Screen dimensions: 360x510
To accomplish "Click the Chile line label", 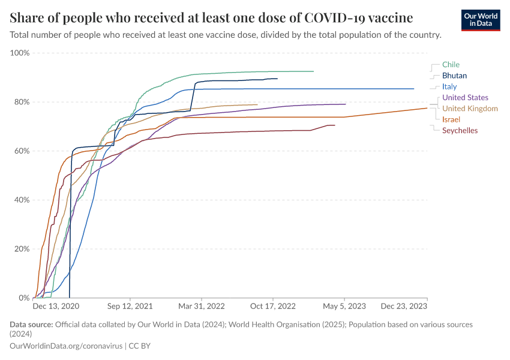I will [x=451, y=64].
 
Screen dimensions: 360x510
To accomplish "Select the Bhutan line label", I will [x=454, y=76].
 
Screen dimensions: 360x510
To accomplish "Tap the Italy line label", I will [x=449, y=87].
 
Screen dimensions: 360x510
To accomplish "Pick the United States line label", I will [x=465, y=97].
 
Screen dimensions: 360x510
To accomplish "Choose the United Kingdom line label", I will [x=470, y=109].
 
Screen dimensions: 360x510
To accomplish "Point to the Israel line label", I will [x=451, y=119].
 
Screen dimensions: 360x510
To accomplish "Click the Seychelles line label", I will [x=460, y=130].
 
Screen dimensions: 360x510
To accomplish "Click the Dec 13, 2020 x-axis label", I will [x=56, y=306].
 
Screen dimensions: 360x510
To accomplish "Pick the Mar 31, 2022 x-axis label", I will [x=202, y=306].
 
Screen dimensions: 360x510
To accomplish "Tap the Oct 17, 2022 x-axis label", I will [x=274, y=306].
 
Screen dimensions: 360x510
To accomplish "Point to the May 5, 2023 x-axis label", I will [x=345, y=306].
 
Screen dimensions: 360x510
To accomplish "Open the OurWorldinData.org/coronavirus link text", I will [x=66, y=346].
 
